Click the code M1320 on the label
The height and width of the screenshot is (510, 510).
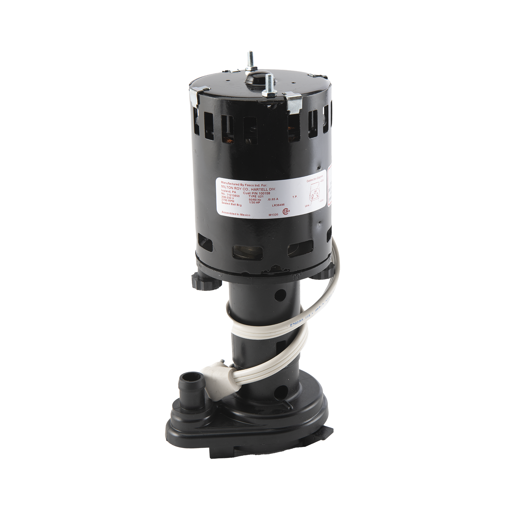tap(273, 215)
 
